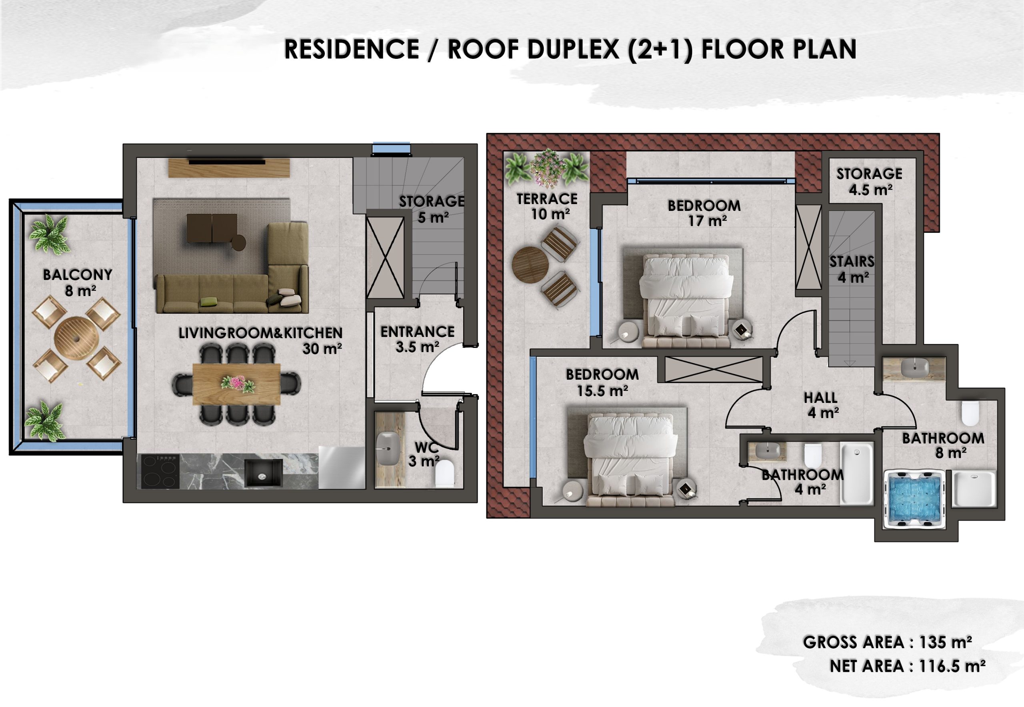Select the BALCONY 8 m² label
(78, 282)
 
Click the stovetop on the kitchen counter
(160, 471)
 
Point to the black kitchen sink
(264, 473)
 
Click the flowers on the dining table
(238, 383)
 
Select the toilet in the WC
(445, 473)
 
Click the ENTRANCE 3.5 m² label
(417, 339)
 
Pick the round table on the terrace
(530, 264)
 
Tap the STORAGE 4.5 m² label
(869, 181)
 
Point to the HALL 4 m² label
(821, 405)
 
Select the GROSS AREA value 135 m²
(945, 642)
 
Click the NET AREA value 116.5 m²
(952, 666)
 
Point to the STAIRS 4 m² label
(852, 269)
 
